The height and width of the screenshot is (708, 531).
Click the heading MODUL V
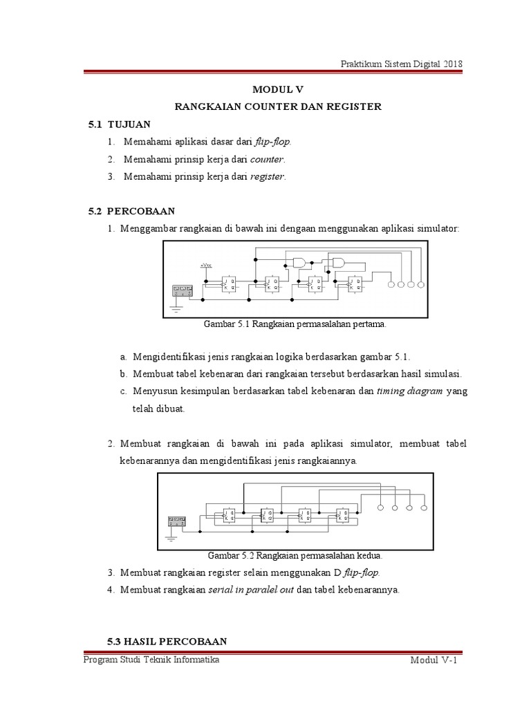tap(277, 90)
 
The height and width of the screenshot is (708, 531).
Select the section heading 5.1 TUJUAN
tap(119, 124)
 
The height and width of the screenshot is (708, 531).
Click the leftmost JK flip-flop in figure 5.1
tap(227, 284)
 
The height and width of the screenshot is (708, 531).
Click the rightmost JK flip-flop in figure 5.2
tap(343, 515)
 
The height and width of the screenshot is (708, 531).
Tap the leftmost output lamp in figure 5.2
tap(380, 508)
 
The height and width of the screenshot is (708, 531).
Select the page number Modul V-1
tap(435, 662)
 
